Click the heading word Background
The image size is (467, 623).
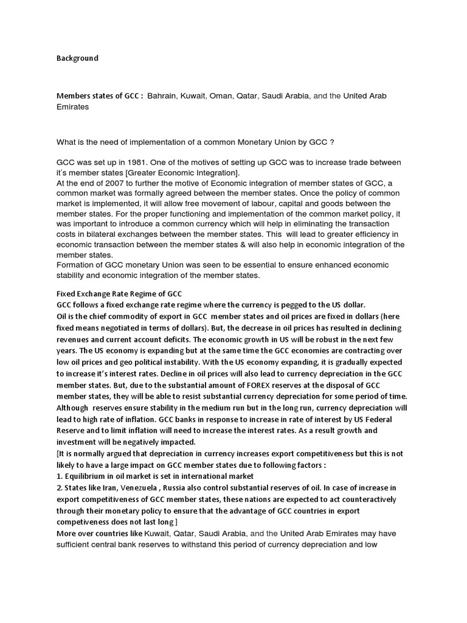(x=77, y=58)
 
